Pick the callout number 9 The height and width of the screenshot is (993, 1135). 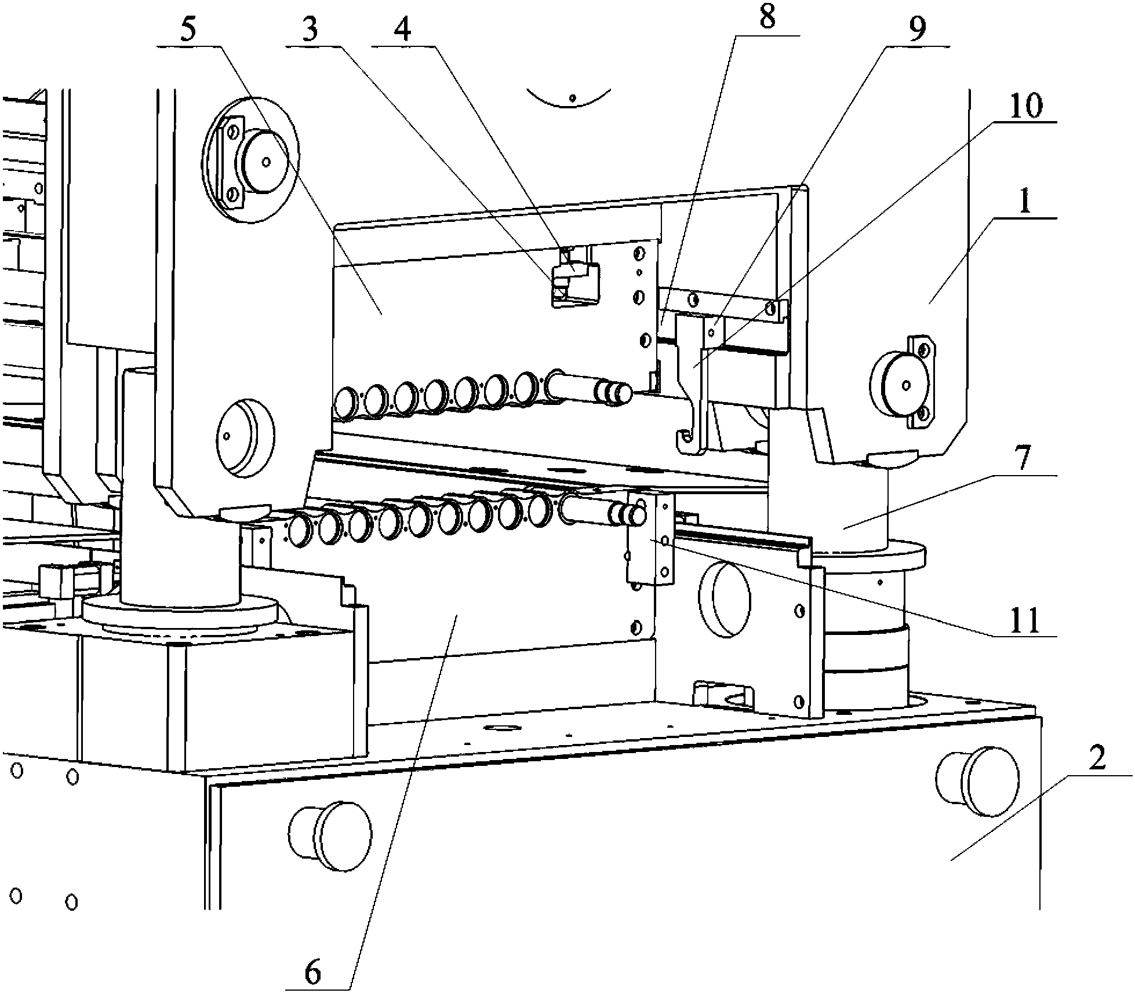[x=916, y=28]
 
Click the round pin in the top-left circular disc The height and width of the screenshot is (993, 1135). [x=265, y=162]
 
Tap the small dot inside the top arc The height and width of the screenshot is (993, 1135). [x=572, y=98]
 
